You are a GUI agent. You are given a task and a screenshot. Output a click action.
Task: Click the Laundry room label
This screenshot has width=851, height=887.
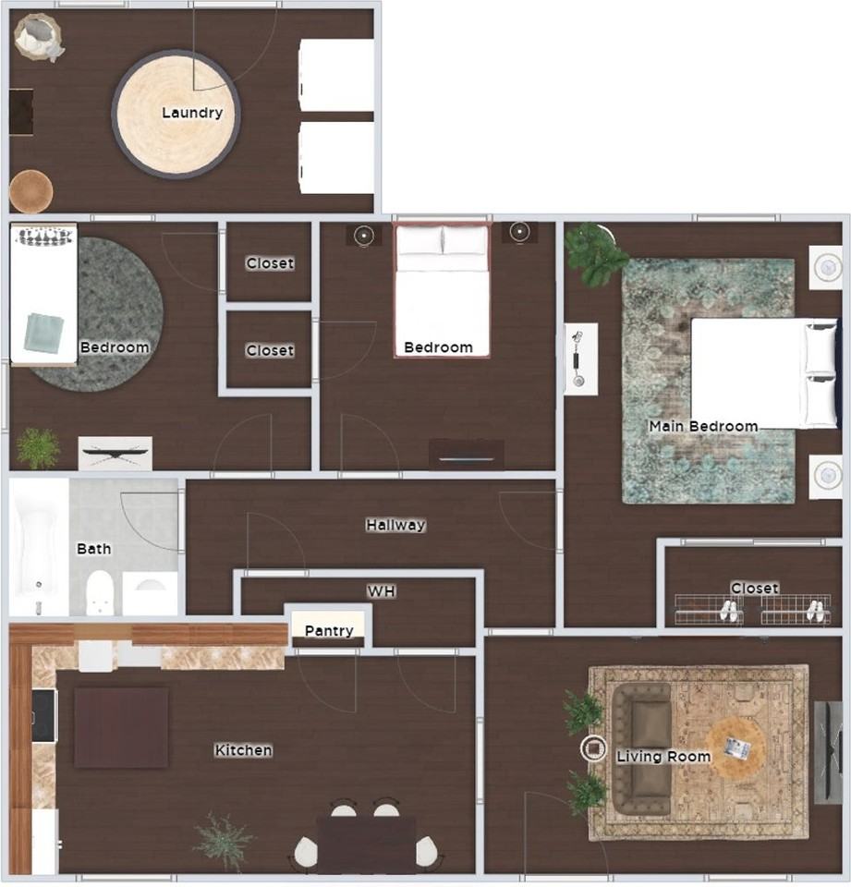click(x=192, y=113)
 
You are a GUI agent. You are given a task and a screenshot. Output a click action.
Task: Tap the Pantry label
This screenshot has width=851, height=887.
click(x=329, y=630)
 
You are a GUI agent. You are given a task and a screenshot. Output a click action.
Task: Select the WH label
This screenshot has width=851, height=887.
click(x=382, y=591)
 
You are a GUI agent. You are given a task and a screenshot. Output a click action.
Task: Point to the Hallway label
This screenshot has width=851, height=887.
click(x=395, y=525)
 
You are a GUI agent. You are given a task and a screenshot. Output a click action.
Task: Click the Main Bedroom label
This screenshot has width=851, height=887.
click(x=703, y=426)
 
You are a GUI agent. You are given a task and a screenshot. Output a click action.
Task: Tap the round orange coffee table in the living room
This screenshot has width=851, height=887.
click(x=736, y=747)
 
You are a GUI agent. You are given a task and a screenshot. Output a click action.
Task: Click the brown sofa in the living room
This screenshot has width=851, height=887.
click(x=642, y=749)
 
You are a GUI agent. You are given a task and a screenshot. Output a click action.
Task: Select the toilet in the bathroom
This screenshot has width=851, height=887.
click(x=100, y=592)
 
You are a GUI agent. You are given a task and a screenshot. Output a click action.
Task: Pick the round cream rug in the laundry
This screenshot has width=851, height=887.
click(x=176, y=115)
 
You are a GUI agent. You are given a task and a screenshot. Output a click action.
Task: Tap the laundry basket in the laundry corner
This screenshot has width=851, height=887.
click(x=38, y=37)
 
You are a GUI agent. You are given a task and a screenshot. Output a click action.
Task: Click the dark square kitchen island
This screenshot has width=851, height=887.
click(x=121, y=727)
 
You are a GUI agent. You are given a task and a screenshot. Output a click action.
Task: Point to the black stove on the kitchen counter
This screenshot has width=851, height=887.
click(x=44, y=715)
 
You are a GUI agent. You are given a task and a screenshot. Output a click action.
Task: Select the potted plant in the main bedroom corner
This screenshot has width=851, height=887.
click(x=594, y=253)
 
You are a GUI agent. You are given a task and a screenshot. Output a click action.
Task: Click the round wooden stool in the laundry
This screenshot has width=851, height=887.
click(x=31, y=192)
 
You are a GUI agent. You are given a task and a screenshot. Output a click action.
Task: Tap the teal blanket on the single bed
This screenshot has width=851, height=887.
click(x=43, y=332)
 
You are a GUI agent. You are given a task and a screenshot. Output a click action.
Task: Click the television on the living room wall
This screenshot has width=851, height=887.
click(x=828, y=752)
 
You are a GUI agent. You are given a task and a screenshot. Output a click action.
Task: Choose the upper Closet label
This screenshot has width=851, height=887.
click(x=270, y=263)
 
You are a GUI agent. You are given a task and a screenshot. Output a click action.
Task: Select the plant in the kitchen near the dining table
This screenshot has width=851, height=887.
click(x=223, y=841)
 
